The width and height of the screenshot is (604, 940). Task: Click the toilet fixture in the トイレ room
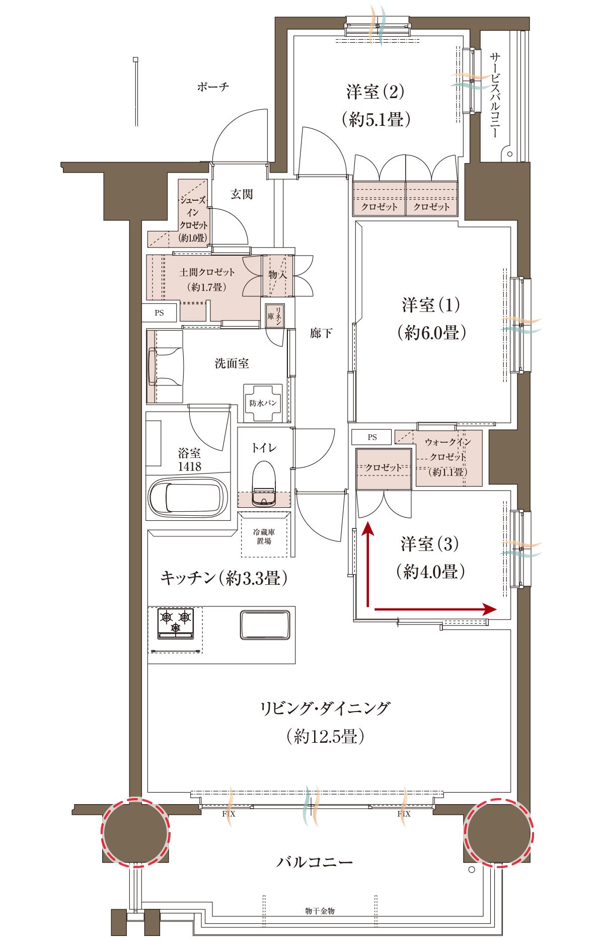point(264,483)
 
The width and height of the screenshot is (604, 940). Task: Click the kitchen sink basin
point(265,624)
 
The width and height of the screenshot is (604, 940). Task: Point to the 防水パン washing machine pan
point(263,403)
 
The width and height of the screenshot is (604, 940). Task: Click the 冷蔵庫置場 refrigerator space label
point(264,536)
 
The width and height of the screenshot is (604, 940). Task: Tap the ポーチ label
point(213,87)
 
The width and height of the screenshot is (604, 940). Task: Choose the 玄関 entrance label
point(242,194)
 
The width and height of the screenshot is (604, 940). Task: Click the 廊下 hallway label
point(321,333)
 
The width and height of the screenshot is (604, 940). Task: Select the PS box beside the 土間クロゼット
point(160,312)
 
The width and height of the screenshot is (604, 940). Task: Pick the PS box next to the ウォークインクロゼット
point(372,437)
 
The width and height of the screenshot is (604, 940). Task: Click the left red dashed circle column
point(135,832)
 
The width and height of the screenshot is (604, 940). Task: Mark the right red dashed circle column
point(499,832)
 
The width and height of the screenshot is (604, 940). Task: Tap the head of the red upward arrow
point(368,528)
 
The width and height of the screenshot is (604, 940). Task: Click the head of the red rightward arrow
point(490,609)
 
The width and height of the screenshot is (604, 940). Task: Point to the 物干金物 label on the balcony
point(320,911)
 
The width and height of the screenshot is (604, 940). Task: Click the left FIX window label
point(229,814)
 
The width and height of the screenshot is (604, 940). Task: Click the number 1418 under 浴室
point(189,467)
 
